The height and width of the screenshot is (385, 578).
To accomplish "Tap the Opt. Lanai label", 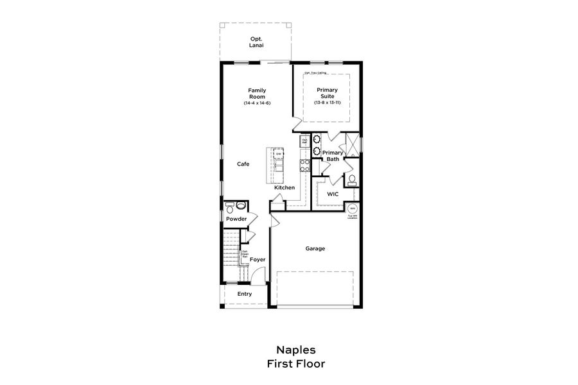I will tap(258, 42).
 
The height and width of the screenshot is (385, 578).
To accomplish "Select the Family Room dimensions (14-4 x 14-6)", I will tap(257, 103).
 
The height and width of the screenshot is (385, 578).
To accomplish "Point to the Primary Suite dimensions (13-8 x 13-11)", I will tap(328, 103).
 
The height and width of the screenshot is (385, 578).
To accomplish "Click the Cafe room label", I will tap(243, 164).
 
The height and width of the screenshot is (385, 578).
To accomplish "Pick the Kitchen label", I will tap(285, 187).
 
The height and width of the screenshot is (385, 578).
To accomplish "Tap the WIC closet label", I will tap(333, 193).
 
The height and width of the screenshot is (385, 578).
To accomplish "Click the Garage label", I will tap(315, 248).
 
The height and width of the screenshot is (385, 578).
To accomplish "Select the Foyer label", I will tap(258, 259).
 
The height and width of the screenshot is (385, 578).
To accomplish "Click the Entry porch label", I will tap(245, 294).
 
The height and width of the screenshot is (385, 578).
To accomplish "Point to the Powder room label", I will tap(236, 219).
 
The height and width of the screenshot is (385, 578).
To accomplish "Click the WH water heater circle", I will tap(352, 209).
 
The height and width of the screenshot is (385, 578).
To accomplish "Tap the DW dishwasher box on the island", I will tap(279, 154).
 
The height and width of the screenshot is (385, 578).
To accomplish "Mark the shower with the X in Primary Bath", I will tap(353, 144).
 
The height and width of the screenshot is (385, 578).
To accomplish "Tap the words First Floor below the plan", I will tap(296, 364).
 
